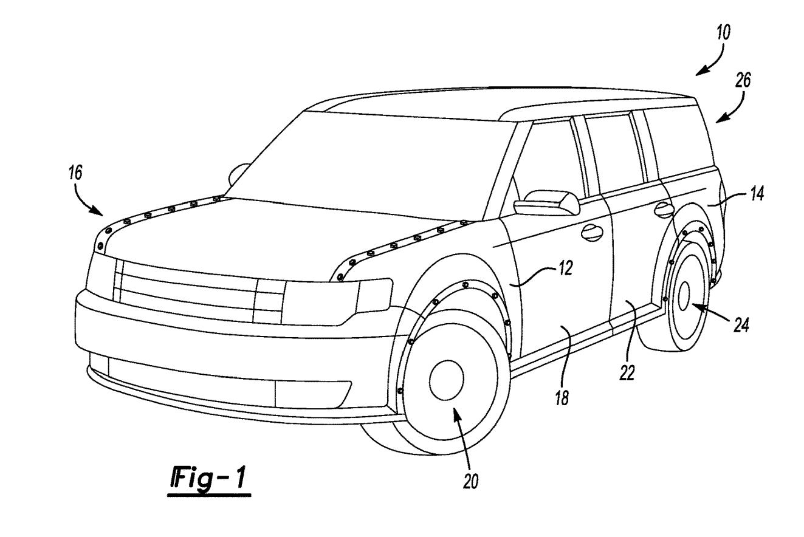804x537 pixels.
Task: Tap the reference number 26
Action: (x=743, y=80)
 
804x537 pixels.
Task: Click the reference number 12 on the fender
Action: (x=565, y=268)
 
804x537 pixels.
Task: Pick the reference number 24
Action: (x=740, y=325)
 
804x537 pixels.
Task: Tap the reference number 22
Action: (x=627, y=372)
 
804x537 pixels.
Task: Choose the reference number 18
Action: (x=563, y=398)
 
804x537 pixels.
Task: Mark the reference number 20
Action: (x=471, y=481)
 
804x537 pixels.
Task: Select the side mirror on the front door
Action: (x=546, y=203)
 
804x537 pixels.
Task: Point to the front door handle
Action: (x=590, y=232)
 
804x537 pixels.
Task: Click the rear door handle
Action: (x=664, y=210)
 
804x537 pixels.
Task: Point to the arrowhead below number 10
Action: (x=699, y=72)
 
